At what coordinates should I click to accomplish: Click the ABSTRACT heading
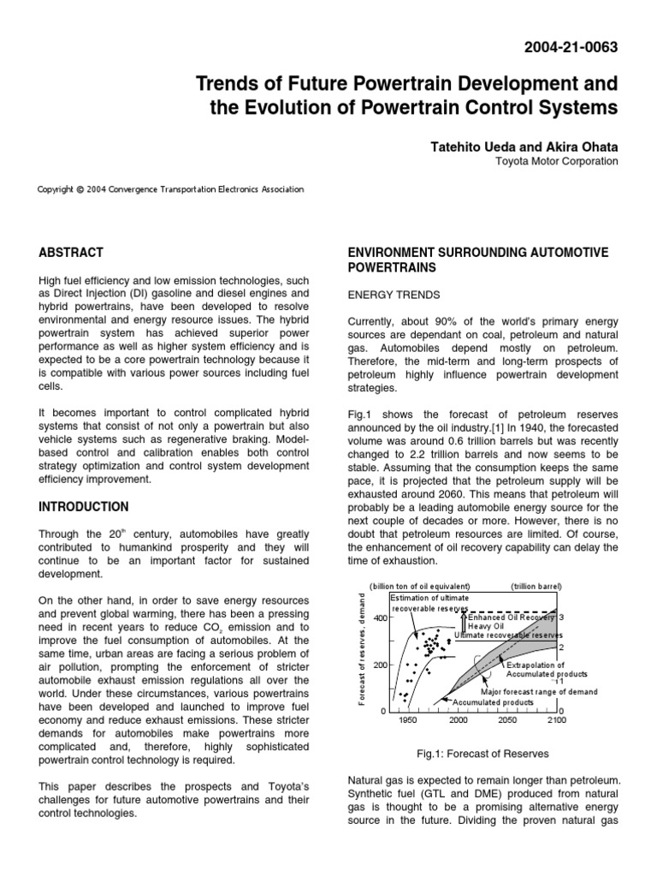[x=71, y=253]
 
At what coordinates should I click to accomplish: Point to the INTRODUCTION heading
[x=83, y=506]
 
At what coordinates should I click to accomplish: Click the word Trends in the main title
[x=224, y=84]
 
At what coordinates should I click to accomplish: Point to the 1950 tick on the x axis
[x=408, y=720]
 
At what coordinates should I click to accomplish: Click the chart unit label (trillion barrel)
[x=536, y=587]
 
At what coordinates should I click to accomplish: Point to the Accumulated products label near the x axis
[x=493, y=701]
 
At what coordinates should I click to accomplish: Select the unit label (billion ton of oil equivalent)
[x=419, y=587]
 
